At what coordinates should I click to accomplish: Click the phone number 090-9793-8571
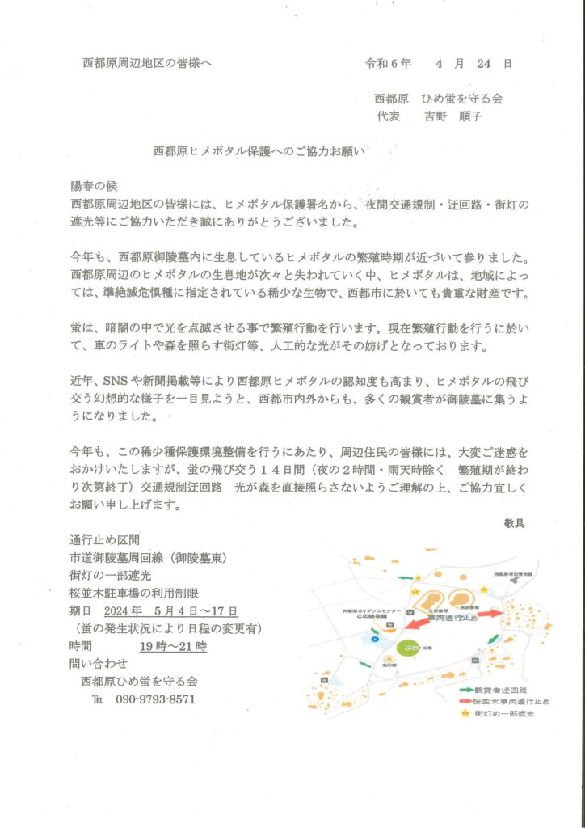pos(155,699)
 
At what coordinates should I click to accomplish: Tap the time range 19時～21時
pos(173,646)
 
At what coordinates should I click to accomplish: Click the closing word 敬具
pos(513,523)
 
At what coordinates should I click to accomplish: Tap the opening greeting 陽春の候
pos(94,184)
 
